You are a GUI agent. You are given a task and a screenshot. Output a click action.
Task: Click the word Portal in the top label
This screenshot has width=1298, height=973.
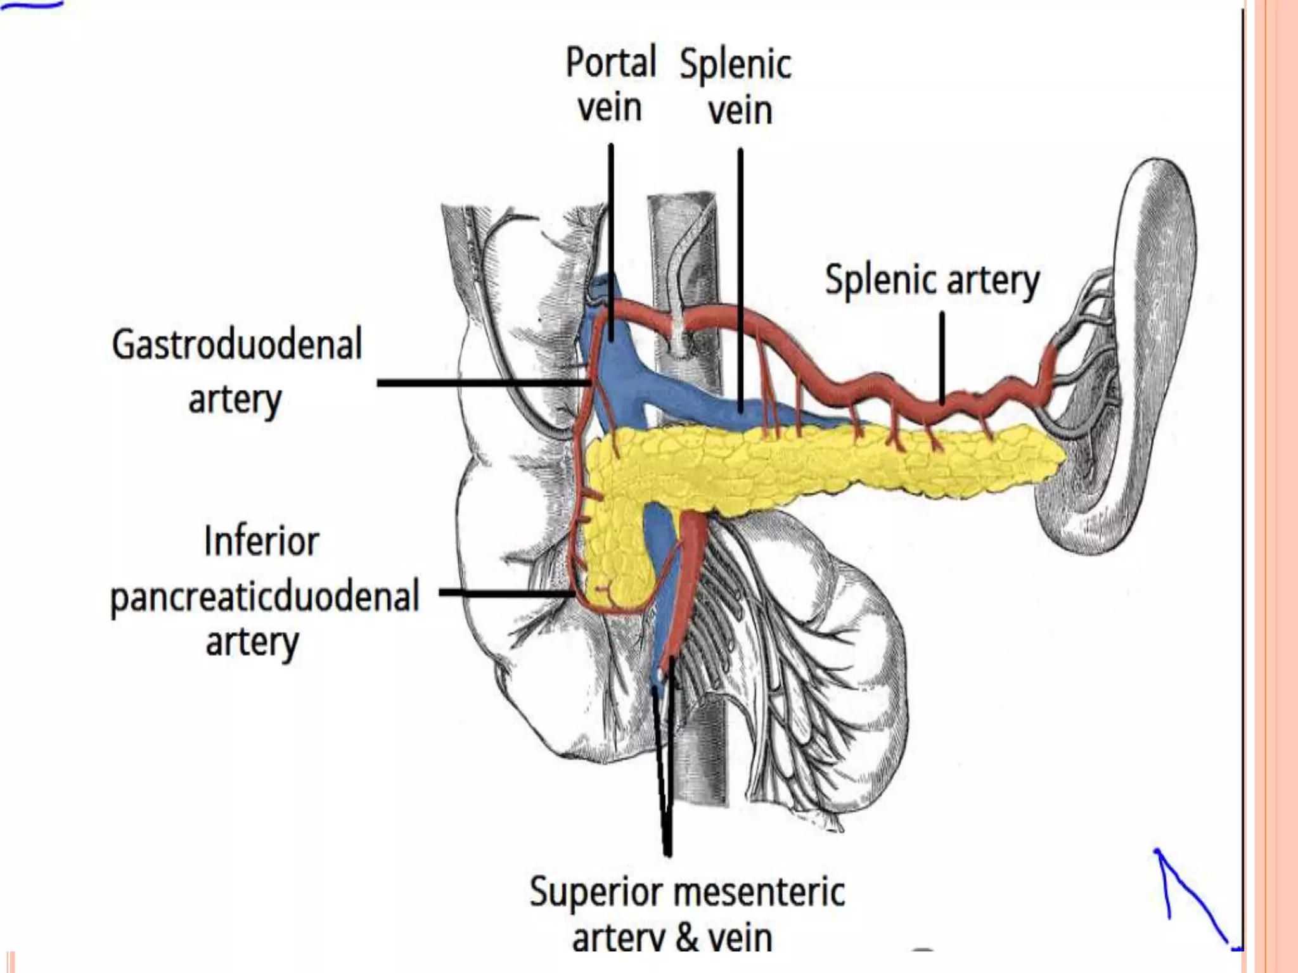610,63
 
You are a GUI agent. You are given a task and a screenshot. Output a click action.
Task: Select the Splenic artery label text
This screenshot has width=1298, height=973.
932,280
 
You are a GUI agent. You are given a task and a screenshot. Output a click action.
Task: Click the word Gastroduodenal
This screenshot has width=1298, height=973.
237,345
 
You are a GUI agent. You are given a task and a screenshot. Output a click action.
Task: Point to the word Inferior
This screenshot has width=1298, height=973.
261,542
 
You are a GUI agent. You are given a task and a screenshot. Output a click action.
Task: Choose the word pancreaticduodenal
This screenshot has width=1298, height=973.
265,597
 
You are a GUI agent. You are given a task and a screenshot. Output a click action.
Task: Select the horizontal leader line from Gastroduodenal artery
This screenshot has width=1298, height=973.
482,383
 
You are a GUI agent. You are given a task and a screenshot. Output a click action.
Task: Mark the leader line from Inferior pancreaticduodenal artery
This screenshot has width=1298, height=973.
507,593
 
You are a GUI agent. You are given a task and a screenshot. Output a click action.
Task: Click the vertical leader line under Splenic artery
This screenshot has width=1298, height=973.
942,355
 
